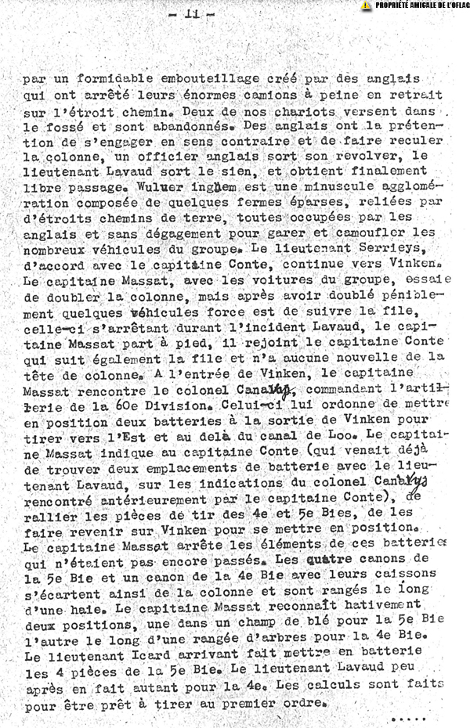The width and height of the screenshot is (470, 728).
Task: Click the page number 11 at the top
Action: tap(190, 14)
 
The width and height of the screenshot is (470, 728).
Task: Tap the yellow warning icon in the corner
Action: tap(366, 5)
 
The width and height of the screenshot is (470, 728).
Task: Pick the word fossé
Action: tap(65, 126)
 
